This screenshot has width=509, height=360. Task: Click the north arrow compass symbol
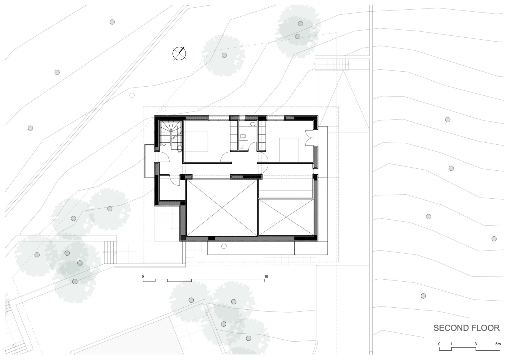tap(179, 53)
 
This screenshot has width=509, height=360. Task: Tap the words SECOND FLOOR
tap(467, 328)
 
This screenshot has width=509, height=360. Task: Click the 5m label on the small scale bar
tap(498, 344)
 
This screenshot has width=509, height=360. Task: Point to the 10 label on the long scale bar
tap(266, 277)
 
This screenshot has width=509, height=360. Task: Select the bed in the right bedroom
tap(289, 150)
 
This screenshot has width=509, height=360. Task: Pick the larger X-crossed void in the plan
tap(222, 207)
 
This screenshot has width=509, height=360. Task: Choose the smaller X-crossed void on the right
tap(286, 217)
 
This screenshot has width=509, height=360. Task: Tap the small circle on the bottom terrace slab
tap(224, 247)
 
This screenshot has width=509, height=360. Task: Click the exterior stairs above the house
tap(331, 64)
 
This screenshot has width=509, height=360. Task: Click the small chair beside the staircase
tap(179, 148)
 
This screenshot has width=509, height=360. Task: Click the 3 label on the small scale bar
tap(476, 344)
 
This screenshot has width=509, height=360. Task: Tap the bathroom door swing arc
tap(225, 155)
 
